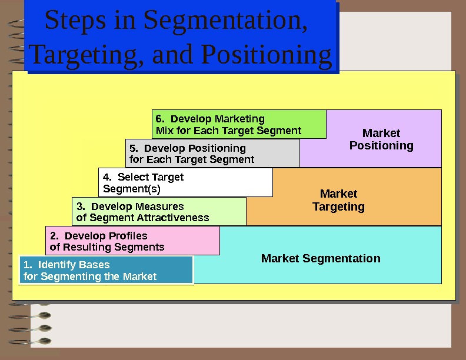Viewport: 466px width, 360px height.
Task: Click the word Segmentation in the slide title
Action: [225, 21]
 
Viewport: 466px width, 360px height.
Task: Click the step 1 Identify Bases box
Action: [106, 271]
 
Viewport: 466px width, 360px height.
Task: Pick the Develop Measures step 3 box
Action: [159, 212]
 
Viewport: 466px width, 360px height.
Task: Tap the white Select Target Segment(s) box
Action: [185, 182]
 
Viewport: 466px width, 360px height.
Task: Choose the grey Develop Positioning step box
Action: [212, 154]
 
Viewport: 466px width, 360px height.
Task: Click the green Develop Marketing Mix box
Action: [239, 124]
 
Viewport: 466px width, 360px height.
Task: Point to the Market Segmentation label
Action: [321, 258]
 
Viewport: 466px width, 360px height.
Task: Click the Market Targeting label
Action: [338, 200]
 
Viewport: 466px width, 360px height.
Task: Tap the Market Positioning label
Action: [381, 139]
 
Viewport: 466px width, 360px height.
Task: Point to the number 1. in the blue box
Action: [27, 265]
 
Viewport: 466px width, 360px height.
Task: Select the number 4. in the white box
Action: [106, 177]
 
